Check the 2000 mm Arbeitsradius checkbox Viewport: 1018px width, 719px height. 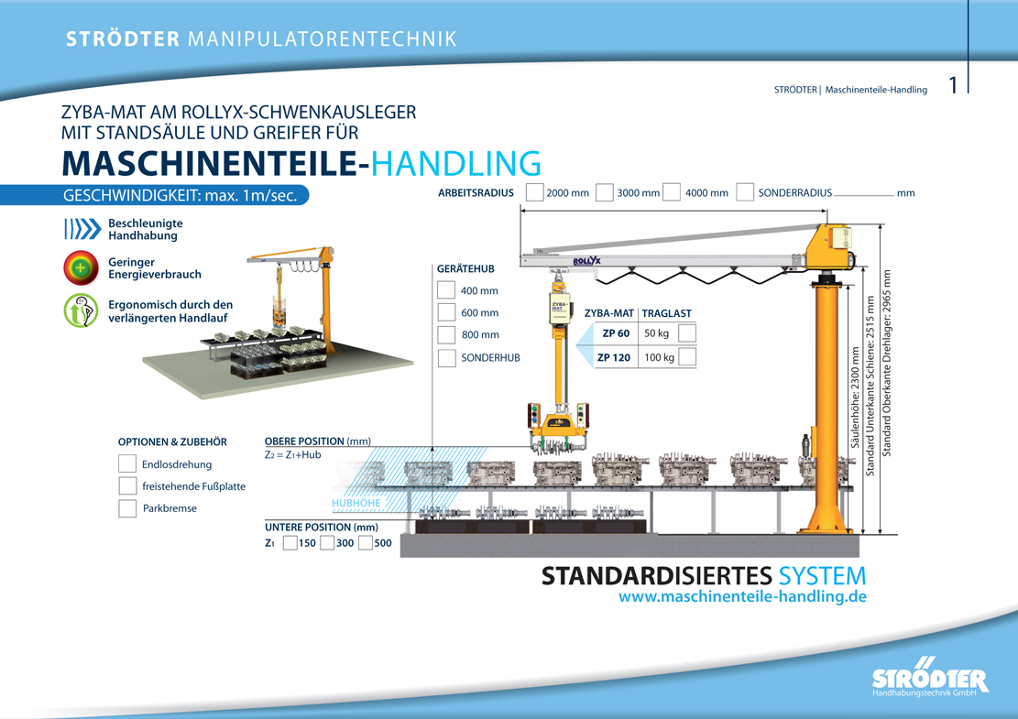tap(535, 192)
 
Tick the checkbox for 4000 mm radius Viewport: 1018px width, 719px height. tap(672, 192)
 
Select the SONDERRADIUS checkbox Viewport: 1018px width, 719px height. tap(745, 192)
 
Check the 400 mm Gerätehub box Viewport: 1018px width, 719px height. tap(446, 290)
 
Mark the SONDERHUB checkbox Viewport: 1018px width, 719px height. tap(446, 357)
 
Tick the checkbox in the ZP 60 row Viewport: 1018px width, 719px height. tap(687, 333)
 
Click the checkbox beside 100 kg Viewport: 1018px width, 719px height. tap(687, 357)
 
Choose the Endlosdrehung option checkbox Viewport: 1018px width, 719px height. tap(127, 464)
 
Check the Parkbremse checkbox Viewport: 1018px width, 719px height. tap(127, 508)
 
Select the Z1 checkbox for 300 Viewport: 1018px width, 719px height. tap(327, 543)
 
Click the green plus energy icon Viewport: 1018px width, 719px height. tap(81, 268)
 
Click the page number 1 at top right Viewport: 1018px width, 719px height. tap(953, 86)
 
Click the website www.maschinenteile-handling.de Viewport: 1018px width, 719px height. tap(742, 597)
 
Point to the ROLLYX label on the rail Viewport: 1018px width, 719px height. tap(586, 261)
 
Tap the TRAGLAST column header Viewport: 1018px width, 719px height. tap(666, 313)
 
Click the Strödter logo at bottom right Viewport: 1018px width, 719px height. tap(930, 678)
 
